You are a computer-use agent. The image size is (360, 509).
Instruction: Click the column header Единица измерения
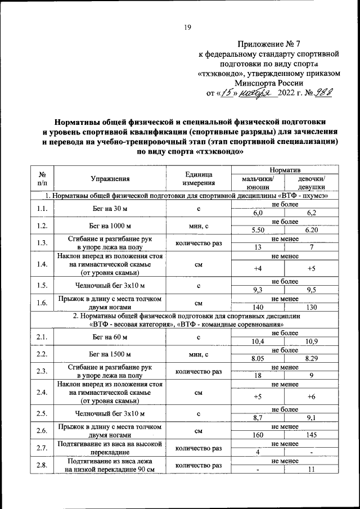coord(198,179)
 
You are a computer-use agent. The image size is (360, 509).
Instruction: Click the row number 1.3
coord(41,243)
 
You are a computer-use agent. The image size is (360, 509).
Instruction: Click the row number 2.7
coord(41,448)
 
